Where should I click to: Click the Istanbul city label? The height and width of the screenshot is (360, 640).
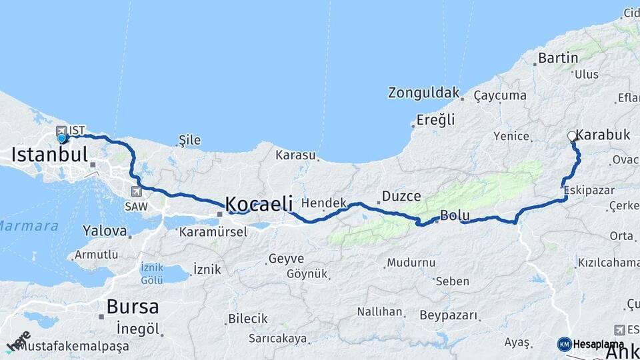pos(50,155)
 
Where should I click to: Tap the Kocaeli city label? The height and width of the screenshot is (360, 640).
pos(259,203)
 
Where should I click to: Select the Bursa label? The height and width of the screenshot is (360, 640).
pos(133,307)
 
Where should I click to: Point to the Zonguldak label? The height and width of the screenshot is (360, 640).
pos(425,93)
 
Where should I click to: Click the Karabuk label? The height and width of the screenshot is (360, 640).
pos(603,135)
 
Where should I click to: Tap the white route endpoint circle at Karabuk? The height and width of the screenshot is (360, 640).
pos(572,136)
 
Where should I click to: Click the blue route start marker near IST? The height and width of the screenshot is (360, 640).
pos(62,139)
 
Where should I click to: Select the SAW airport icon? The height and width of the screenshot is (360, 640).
pos(137,191)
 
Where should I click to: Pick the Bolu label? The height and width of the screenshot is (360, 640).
pos(455,216)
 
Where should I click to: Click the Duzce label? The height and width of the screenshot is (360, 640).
pos(401,197)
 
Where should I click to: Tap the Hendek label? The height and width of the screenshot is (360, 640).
pos(324,203)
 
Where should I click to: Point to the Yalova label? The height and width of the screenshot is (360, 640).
pos(105,231)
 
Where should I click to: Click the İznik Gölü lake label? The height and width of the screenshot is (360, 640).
pos(152,273)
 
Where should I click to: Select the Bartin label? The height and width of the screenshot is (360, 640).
pos(558,58)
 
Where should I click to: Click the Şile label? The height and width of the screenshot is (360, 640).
pos(190,141)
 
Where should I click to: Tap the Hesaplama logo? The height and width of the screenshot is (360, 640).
pos(591,344)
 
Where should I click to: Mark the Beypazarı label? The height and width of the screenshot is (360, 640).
pos(449,315)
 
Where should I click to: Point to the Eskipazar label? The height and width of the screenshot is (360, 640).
pos(589,191)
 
